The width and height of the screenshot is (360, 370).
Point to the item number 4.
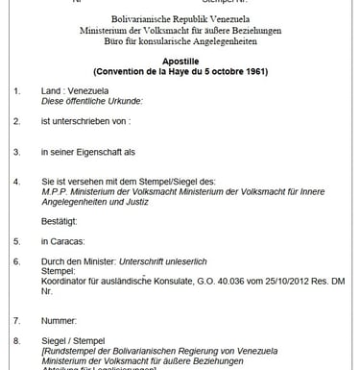(16, 180)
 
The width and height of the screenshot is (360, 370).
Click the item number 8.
(16, 339)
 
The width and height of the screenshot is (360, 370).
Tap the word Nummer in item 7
(59, 319)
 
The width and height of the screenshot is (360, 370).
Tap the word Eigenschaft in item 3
(111, 151)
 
